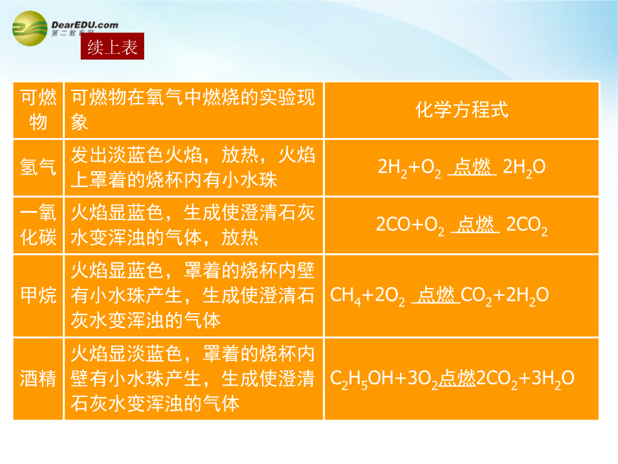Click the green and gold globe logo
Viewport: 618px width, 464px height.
30,29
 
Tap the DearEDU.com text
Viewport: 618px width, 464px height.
85,25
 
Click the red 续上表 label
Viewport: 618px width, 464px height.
112,46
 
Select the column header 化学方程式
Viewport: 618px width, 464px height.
462,109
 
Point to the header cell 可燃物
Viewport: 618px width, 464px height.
38,109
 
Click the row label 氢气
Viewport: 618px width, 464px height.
38,167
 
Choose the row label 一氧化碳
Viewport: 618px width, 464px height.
38,225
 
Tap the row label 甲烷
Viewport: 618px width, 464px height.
38,296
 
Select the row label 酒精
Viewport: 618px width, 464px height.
38,379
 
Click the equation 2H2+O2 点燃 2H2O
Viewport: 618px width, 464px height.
462,167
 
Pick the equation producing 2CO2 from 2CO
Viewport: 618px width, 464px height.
462,225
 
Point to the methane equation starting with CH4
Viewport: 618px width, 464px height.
439,296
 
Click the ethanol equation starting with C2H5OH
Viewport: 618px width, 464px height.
451,379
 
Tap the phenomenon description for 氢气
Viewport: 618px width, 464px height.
193,167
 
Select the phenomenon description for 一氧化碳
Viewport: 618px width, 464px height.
193,225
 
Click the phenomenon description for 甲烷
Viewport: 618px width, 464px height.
193,296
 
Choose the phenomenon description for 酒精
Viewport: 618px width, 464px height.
193,379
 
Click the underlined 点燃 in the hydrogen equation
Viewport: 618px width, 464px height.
472,167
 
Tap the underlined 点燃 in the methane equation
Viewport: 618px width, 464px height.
436,295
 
